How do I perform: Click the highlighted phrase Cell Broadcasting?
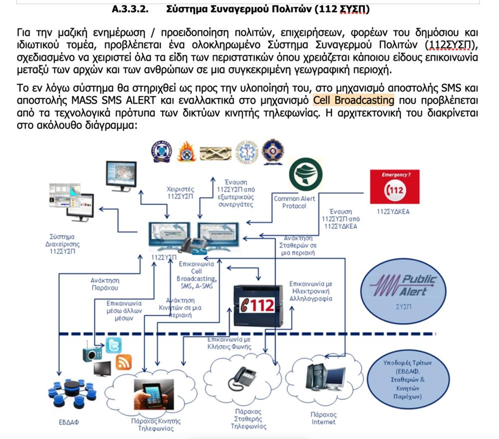pyautogui.click(x=353, y=100)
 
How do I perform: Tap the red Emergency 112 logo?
pyautogui.click(x=395, y=187)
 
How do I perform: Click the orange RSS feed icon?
pyautogui.click(x=123, y=362)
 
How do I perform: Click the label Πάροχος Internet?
pyautogui.click(x=323, y=418)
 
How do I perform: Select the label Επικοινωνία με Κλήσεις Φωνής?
pyautogui.click(x=229, y=343)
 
